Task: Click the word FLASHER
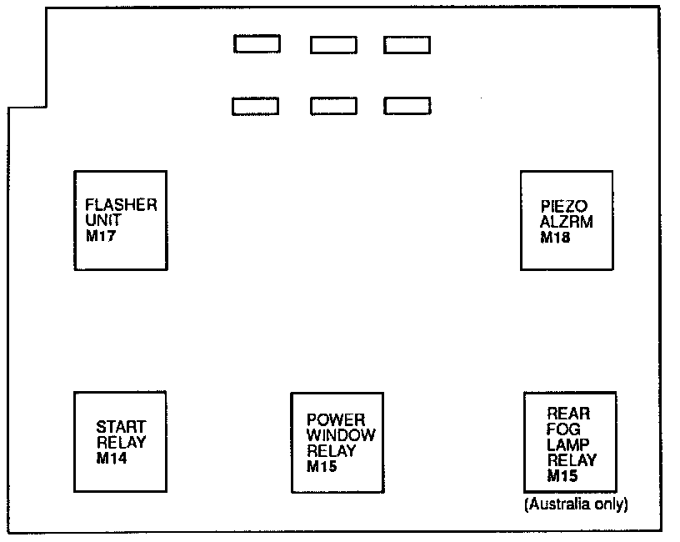click(x=121, y=205)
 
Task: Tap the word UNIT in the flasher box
click(x=103, y=220)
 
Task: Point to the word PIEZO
click(x=563, y=206)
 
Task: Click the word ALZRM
click(x=564, y=221)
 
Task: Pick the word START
click(x=121, y=427)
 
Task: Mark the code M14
click(x=112, y=457)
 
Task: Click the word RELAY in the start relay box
click(x=121, y=442)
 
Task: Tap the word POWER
click(x=336, y=420)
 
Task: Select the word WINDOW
click(x=340, y=435)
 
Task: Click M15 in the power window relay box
click(x=321, y=466)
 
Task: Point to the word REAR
click(x=568, y=413)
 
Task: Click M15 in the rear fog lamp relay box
click(x=563, y=476)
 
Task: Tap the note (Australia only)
click(x=575, y=504)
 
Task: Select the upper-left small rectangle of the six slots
click(x=257, y=44)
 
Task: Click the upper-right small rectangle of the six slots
click(x=407, y=45)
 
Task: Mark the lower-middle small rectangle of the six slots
click(x=333, y=106)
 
